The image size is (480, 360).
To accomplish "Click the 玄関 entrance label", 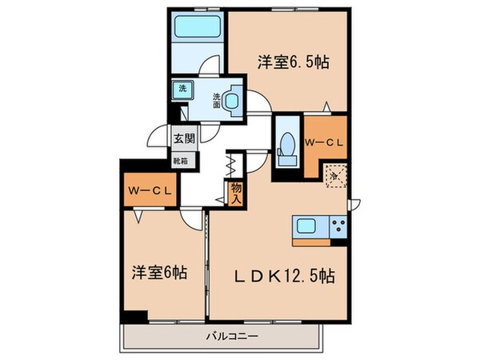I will (x=184, y=138).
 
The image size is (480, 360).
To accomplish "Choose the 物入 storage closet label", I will (x=235, y=192).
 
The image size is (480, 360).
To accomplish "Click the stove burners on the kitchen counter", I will (x=338, y=226).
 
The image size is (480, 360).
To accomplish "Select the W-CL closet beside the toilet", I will (x=325, y=142).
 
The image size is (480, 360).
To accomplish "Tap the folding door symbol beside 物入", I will (x=229, y=166).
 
